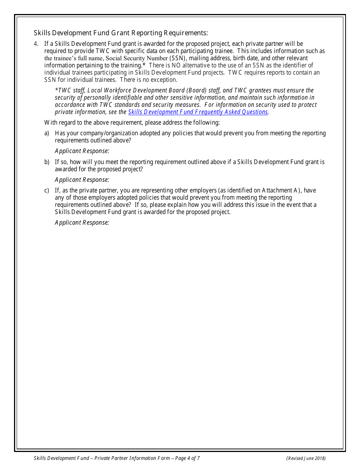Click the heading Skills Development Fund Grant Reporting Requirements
pyautogui.click(x=121, y=33)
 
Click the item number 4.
pyautogui.click(x=36, y=44)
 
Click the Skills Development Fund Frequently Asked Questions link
pyautogui.click(x=198, y=112)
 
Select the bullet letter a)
pyautogui.click(x=47, y=133)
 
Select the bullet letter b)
pyautogui.click(x=47, y=162)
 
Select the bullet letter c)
pyautogui.click(x=47, y=191)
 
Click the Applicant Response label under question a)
pyautogui.click(x=82, y=151)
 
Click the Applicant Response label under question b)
pyautogui.click(x=82, y=180)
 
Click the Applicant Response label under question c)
pyautogui.click(x=82, y=223)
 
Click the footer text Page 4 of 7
pyautogui.click(x=186, y=458)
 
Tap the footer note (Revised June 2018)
pyautogui.click(x=306, y=458)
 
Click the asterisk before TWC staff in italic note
pyautogui.click(x=56, y=90)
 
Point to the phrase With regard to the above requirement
pyautogui.click(x=93, y=123)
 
